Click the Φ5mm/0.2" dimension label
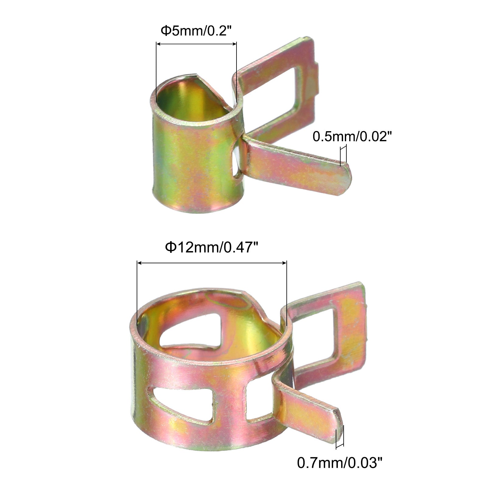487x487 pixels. point(194,31)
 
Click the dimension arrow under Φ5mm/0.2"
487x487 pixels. point(196,44)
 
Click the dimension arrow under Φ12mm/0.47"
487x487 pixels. point(212,263)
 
